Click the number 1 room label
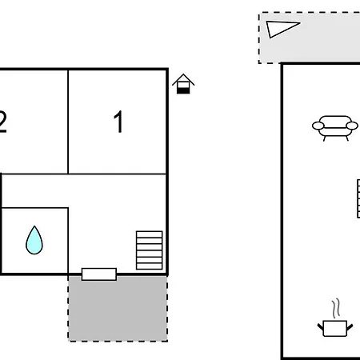pyautogui.click(x=118, y=122)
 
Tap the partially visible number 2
pyautogui.click(x=2, y=122)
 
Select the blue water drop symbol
pyautogui.click(x=34, y=240)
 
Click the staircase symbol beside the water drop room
pyautogui.click(x=150, y=250)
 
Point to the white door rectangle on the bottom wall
pyautogui.click(x=99, y=274)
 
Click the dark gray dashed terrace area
pyautogui.click(x=118, y=310)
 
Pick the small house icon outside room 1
pyautogui.click(x=183, y=84)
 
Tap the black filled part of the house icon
pyautogui.click(x=183, y=90)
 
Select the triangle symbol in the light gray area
pyautogui.click(x=282, y=28)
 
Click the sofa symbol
pyautogui.click(x=335, y=128)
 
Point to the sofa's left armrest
pyautogui.click(x=318, y=126)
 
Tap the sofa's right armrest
pyautogui.click(x=352, y=126)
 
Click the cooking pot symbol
pyautogui.click(x=335, y=328)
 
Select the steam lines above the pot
pyautogui.click(x=337, y=308)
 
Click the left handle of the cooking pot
pyautogui.click(x=320, y=327)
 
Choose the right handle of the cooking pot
pyautogui.click(x=350, y=327)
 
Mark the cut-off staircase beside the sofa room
pyautogui.click(x=358, y=198)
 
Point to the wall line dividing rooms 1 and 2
pyautogui.click(x=68, y=122)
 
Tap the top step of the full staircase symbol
pyautogui.click(x=150, y=234)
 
